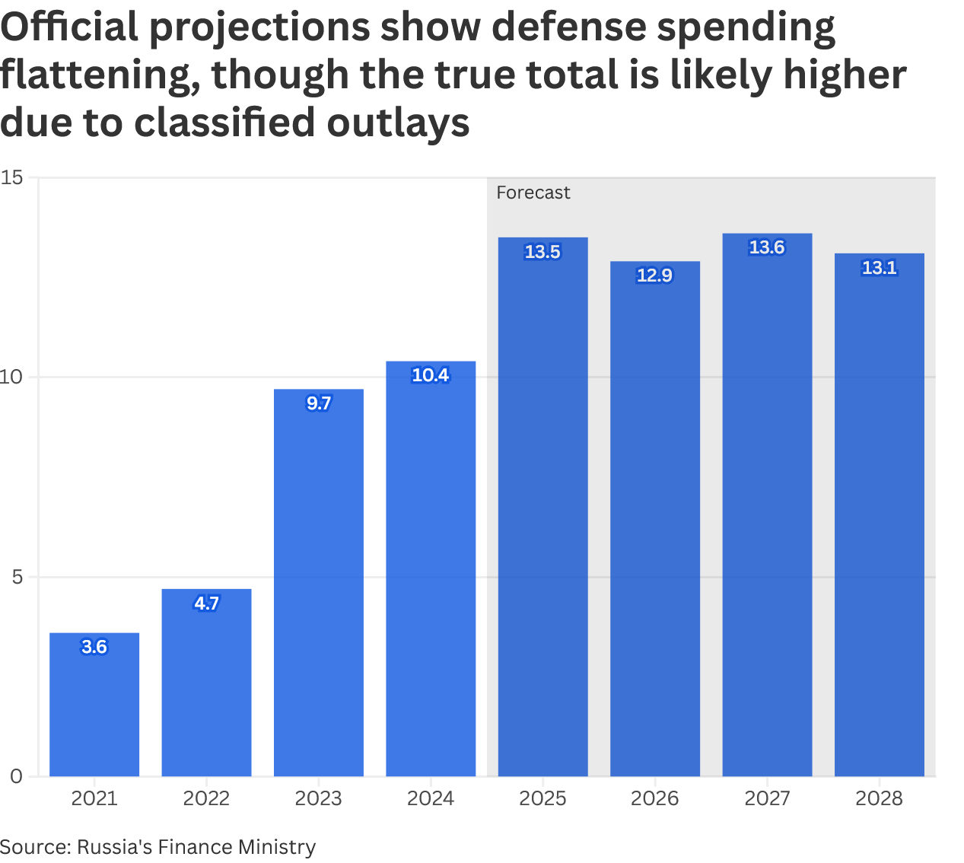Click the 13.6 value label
pos(767,247)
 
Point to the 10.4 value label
pos(431,375)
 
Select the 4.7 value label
pos(206,603)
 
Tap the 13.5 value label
pos(542,252)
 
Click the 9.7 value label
pos(319,403)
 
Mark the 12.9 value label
pos(655,275)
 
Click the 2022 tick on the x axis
pos(206,798)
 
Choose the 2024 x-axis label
pos(431,798)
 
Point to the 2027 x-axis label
pos(767,798)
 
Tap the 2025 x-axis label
pos(542,798)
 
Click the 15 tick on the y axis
pos(12,178)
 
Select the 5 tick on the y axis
pos(17,577)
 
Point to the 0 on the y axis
pos(17,776)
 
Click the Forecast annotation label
pos(533,193)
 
